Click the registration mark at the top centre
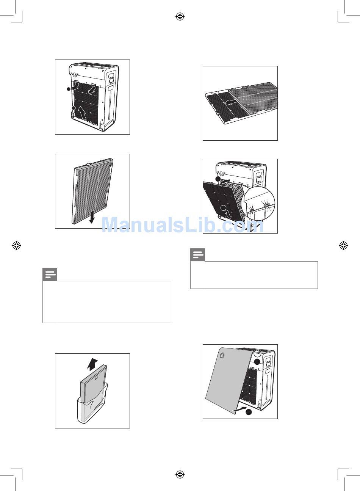pos(180,16)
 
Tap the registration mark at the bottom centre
pos(180,475)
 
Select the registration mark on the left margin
pos(16,246)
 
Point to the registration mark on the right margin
pos(343,246)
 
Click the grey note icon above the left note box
pos(50,275)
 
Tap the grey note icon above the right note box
pos(198,255)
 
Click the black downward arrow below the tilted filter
pos(92,217)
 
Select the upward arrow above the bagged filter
pos(92,364)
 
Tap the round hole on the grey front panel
pos(222,355)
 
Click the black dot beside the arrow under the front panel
pos(249,412)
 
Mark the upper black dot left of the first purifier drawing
pos(69,89)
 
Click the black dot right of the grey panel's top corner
pos(257,362)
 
